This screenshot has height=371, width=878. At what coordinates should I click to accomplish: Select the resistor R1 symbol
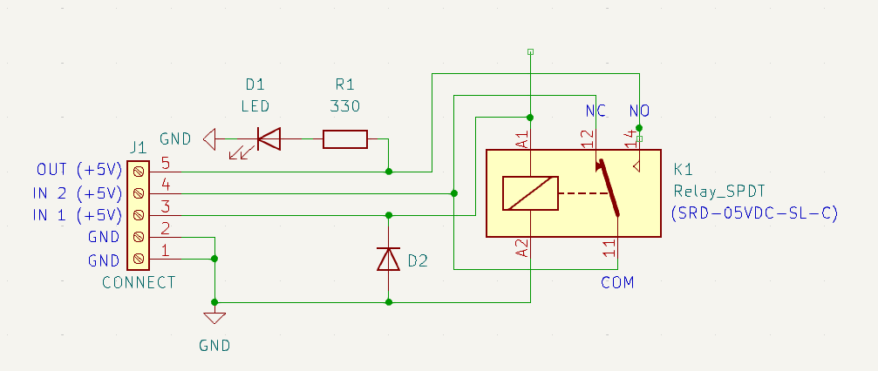coord(345,138)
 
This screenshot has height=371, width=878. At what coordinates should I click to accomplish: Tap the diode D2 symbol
coord(389,259)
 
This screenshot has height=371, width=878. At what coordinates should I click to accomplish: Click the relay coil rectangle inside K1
coord(530,193)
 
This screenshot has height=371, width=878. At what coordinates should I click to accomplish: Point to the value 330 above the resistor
coord(345,106)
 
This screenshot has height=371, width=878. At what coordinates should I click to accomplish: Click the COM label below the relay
coord(617,282)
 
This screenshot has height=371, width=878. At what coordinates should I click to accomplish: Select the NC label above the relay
coord(595,111)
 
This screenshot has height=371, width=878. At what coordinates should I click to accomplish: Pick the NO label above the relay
coord(640,111)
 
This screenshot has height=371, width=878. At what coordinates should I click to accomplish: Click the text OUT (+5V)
coord(78,169)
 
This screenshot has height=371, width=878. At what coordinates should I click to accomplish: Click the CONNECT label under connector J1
coord(139,282)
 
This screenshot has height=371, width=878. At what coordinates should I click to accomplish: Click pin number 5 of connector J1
coord(165,163)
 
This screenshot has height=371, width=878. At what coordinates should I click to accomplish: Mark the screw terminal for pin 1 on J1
coord(138,259)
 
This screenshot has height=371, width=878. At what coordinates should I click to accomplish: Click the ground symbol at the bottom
coord(214,318)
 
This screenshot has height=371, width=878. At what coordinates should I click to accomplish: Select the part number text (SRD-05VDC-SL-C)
coord(755,212)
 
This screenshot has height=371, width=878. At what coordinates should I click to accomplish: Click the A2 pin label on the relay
coord(521,248)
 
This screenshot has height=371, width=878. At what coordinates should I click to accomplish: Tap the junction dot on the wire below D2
coord(389,302)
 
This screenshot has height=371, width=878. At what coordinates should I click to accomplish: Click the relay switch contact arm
coord(609,187)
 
